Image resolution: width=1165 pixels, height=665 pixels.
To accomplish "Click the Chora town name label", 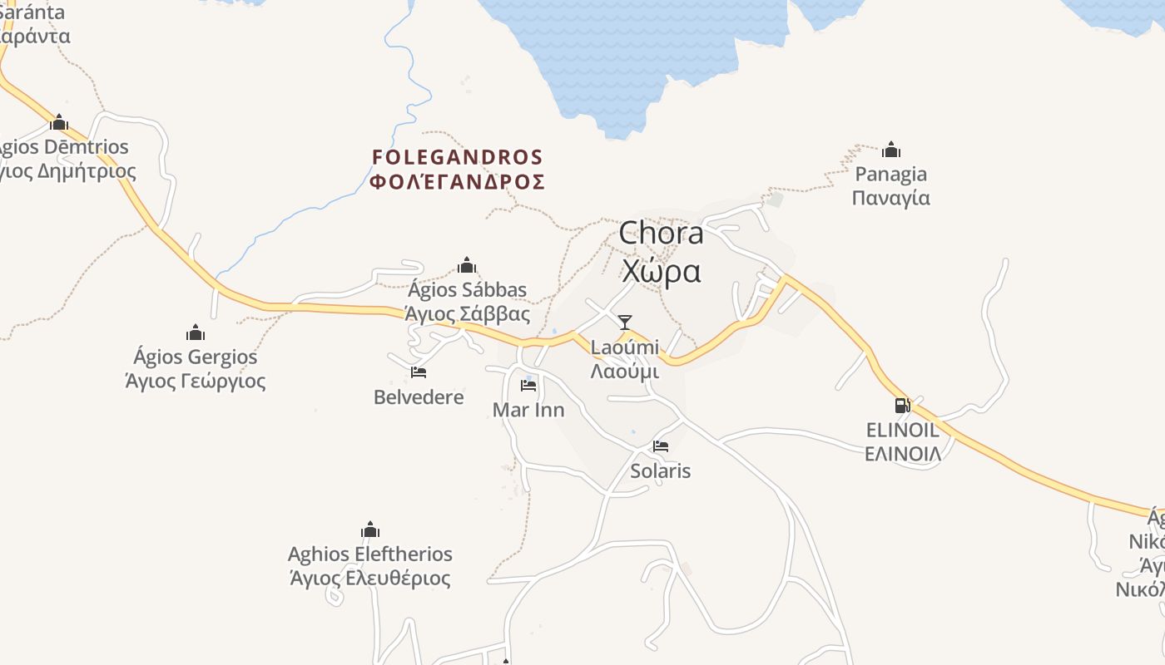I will (661, 234).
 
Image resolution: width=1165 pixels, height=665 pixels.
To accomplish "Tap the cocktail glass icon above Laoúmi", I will (625, 323).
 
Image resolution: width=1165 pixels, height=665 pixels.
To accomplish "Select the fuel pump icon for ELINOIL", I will (902, 406).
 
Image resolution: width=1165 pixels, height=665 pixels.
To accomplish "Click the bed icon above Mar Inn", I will (528, 386).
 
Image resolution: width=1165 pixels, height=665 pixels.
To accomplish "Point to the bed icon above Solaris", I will (661, 446).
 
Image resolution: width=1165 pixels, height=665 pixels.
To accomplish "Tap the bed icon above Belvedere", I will (419, 372).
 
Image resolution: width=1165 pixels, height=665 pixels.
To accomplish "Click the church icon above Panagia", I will (891, 150).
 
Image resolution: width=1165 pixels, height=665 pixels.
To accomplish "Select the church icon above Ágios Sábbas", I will (467, 265).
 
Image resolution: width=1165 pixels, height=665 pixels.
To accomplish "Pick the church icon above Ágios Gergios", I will (196, 332).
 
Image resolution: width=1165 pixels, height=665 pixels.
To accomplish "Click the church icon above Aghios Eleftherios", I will (370, 530).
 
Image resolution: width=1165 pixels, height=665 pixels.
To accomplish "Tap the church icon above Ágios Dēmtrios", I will (59, 122).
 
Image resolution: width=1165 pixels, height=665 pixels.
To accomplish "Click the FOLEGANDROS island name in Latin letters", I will (457, 157).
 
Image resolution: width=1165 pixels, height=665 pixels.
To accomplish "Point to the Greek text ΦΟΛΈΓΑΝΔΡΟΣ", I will (457, 182).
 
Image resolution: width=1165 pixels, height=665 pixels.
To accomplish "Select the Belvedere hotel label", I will (419, 397).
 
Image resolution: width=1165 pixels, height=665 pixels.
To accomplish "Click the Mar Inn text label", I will (528, 410).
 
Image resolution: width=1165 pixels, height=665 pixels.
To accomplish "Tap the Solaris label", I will (661, 471).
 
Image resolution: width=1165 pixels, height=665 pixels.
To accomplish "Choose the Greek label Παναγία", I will (891, 199).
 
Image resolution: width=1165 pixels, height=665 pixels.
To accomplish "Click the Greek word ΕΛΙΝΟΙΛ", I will (903, 454).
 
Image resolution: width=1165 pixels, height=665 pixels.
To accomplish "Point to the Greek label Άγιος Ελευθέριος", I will (370, 579).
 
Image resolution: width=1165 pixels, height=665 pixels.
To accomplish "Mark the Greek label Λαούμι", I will (625, 372).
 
